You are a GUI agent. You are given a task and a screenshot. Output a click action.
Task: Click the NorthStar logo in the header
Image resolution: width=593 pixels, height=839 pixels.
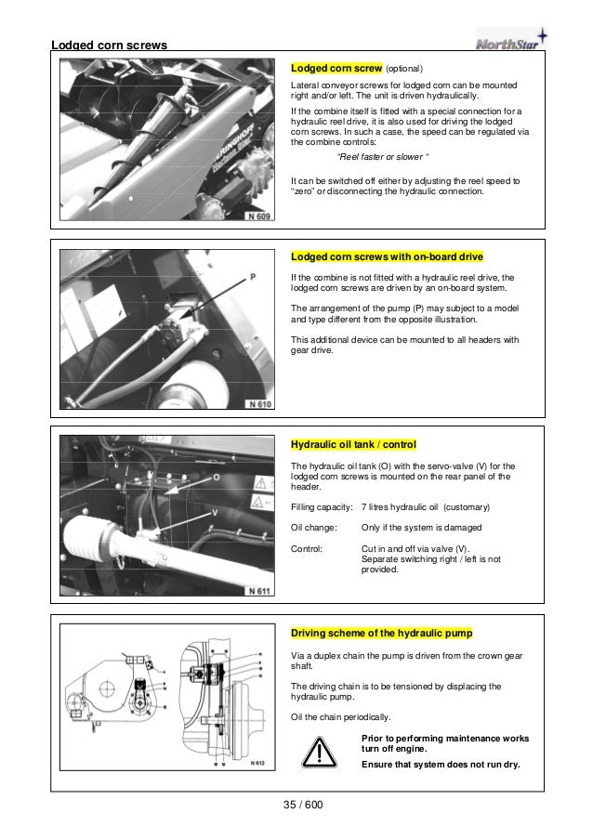click(510, 41)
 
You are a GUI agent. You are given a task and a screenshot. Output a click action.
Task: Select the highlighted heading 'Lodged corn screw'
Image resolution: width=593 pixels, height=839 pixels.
click(336, 68)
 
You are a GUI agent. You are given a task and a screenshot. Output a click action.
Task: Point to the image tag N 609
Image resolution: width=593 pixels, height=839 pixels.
click(259, 216)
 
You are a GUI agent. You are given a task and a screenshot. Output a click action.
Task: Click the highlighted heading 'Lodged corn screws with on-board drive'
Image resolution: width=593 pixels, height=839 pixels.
click(387, 256)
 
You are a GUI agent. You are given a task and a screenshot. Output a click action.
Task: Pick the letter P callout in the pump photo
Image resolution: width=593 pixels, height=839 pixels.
click(254, 277)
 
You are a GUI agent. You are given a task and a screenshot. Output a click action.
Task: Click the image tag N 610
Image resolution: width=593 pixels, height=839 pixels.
click(259, 404)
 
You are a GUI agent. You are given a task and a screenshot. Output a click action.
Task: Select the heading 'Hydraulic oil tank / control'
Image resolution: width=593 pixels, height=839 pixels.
click(354, 444)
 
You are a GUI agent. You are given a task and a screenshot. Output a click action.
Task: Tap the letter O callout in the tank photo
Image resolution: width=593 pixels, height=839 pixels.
click(216, 477)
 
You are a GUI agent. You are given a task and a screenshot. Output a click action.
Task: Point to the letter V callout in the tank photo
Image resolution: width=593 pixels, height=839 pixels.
click(216, 512)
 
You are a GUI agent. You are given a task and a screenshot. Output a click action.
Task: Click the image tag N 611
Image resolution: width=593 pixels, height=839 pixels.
click(259, 591)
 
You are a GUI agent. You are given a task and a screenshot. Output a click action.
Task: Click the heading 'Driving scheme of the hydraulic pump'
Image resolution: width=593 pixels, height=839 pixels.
click(382, 633)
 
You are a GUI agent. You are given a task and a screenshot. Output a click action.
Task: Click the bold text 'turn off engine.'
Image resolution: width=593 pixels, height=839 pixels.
click(395, 749)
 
